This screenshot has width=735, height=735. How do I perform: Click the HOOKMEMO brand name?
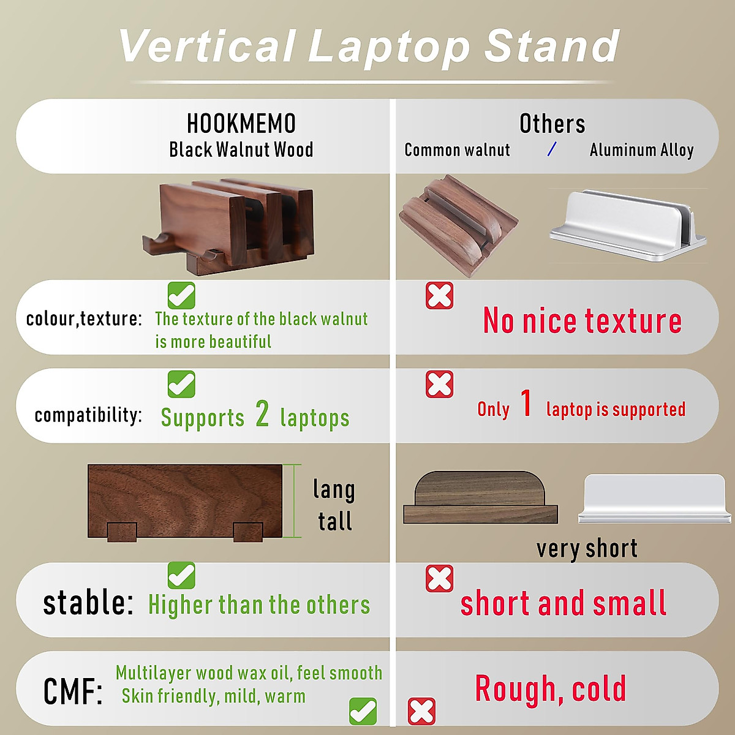(x=241, y=124)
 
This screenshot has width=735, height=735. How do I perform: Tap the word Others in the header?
(x=552, y=124)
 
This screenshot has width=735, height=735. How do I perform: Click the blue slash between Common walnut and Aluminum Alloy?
(x=552, y=149)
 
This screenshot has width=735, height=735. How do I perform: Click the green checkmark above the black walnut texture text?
(x=181, y=296)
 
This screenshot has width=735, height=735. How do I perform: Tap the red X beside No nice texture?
(x=439, y=296)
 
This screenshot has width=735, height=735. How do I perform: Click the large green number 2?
(x=262, y=414)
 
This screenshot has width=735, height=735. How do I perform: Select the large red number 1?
(x=526, y=404)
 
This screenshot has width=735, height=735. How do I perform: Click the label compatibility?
(x=88, y=415)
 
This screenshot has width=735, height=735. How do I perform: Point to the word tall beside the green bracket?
(x=335, y=521)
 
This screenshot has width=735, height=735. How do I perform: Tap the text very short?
(x=587, y=549)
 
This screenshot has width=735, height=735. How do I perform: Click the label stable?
(x=88, y=603)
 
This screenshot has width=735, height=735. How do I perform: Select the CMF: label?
(x=73, y=692)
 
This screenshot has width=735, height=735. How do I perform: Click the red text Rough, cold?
(x=550, y=689)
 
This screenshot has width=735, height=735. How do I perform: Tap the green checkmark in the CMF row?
(x=363, y=711)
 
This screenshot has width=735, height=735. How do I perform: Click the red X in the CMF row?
(x=421, y=711)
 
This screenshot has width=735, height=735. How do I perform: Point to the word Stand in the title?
(x=552, y=47)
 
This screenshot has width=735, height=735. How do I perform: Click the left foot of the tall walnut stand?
(x=122, y=532)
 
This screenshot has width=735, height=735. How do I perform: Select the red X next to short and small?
(x=439, y=579)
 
